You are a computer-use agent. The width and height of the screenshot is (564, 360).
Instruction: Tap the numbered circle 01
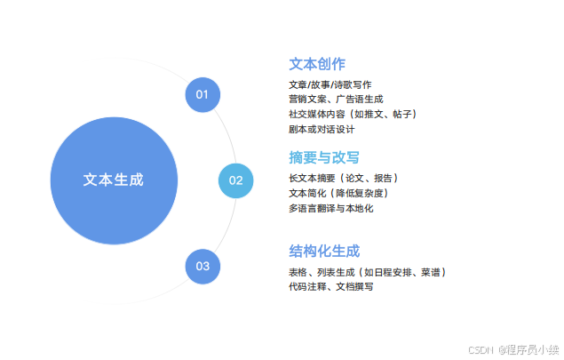[x=203, y=94]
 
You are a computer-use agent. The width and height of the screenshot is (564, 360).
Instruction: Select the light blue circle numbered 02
[x=235, y=180]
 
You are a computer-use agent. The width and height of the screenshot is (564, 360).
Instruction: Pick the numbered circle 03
[x=203, y=266]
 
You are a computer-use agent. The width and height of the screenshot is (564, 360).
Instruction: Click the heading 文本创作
[x=317, y=64]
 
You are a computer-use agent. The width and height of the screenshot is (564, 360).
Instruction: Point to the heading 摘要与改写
[x=324, y=157]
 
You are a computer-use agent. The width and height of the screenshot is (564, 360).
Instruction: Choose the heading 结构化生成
[x=324, y=251]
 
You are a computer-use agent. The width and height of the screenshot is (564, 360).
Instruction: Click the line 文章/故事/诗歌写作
[x=330, y=84]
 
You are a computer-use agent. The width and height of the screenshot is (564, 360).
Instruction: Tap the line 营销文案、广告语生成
[x=336, y=100]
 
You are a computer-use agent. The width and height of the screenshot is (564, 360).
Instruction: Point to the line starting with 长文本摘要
[x=343, y=178]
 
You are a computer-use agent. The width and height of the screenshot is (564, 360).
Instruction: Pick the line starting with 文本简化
[x=338, y=193]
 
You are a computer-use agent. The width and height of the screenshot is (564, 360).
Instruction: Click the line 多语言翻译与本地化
[x=331, y=208]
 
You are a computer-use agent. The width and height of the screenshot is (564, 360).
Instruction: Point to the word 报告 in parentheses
[x=384, y=178]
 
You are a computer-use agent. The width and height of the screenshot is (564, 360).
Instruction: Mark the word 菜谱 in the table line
[x=430, y=272]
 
